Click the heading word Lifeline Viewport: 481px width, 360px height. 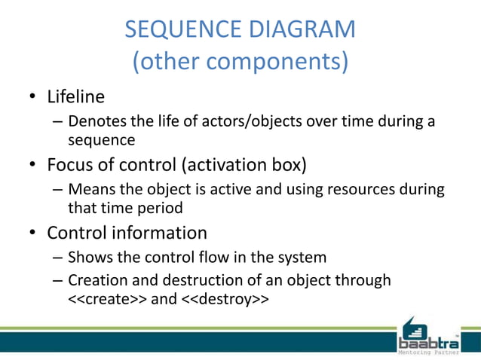pos(75,97)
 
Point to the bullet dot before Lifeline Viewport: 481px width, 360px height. pos(33,98)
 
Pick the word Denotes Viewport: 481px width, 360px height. pos(93,121)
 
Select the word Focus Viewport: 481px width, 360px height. pos(72,163)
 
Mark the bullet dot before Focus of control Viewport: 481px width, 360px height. pos(33,164)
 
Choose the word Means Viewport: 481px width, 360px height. pos(88,189)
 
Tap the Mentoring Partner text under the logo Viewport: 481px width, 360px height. pos(428,351)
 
